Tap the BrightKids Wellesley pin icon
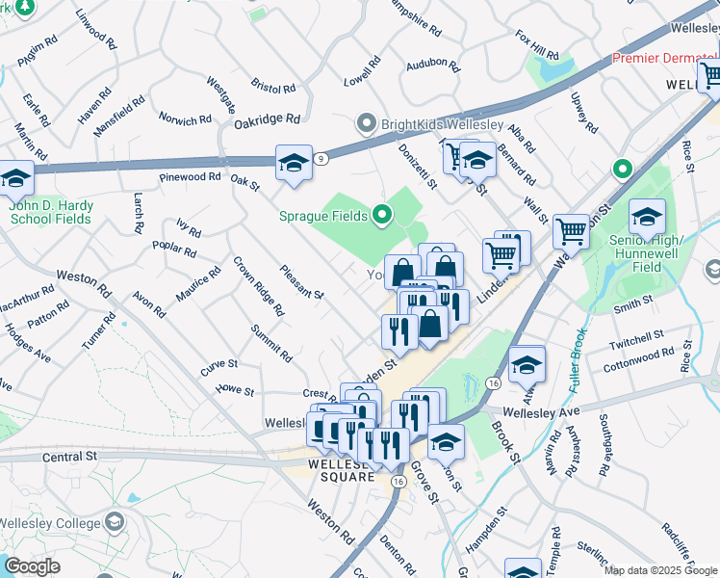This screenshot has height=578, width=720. point(366,124)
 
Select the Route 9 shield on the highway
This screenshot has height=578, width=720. point(320,157)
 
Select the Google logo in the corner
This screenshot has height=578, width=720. point(32,565)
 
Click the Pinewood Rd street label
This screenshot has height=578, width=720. point(191,177)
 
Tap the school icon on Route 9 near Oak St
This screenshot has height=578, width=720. point(294,162)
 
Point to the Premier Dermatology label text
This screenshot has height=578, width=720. point(665,59)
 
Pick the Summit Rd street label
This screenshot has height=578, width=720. point(272,342)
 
